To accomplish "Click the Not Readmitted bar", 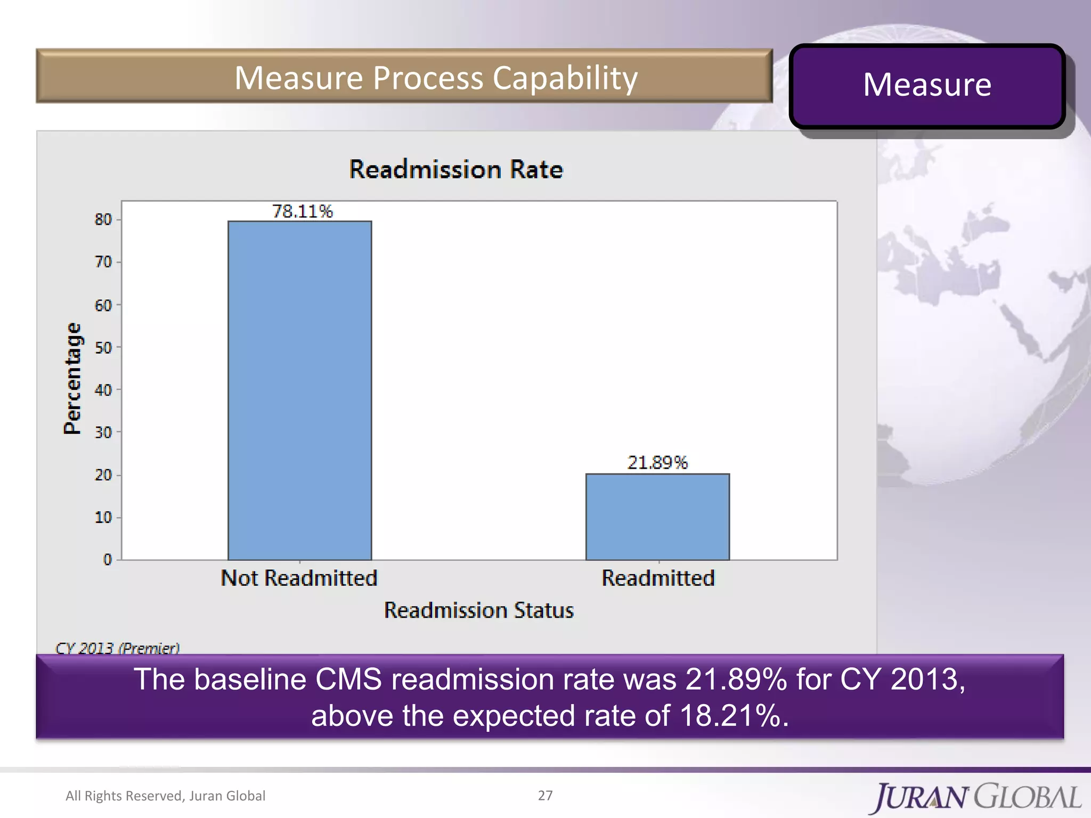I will coord(299,390).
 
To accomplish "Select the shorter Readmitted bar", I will coord(657,517).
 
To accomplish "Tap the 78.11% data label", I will coord(302,211).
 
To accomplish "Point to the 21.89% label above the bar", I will coord(657,462).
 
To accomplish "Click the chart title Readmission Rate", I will coord(456,169).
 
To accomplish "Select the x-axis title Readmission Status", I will coord(479,610).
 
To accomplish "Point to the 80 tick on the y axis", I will coord(103,219).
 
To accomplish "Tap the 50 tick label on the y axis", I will coord(103,347).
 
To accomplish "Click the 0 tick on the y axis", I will coord(108,559).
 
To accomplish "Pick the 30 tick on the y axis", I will coord(103,432).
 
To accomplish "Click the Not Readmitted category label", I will coord(299,578).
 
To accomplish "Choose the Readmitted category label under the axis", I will coord(658,578).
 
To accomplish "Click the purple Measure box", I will coord(927,85).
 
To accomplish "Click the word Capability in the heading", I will coord(565,78).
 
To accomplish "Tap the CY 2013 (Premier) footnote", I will coord(117,648).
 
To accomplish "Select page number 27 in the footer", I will coord(545,795).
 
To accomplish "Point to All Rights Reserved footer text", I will coord(165,796).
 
